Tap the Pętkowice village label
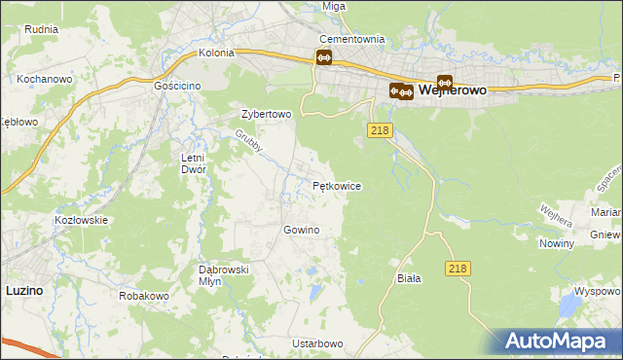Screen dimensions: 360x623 (337, 185)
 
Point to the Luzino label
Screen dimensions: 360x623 (23, 290)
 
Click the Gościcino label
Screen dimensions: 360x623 (177, 86)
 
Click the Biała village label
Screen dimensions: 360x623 (409, 278)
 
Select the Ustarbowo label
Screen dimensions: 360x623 (317, 344)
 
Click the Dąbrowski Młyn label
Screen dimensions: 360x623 (225, 274)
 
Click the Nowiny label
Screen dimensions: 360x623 (556, 243)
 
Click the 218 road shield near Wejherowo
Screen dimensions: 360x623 (380, 129)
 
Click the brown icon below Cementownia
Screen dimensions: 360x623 (324, 58)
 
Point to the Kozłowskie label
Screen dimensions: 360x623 (81, 221)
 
